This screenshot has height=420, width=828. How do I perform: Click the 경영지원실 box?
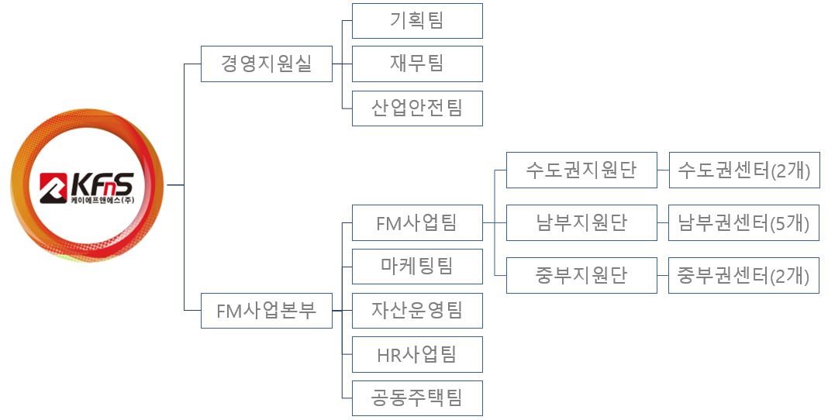click(266, 64)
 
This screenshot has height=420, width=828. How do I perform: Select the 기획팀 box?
click(417, 21)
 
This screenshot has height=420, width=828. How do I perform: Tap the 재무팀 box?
click(417, 64)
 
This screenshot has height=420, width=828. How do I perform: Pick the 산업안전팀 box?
click(417, 108)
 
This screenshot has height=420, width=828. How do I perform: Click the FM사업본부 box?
click(266, 311)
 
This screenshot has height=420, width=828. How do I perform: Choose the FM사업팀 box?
click(417, 223)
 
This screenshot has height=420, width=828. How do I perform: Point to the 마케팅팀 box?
click(417, 267)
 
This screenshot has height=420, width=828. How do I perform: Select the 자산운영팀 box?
click(417, 311)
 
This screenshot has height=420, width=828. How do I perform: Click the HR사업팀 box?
click(417, 354)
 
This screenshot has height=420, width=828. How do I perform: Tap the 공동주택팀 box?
click(417, 398)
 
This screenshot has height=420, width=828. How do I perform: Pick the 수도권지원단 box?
click(581, 170)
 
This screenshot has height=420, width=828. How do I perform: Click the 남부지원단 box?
click(581, 223)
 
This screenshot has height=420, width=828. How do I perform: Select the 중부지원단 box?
click(581, 275)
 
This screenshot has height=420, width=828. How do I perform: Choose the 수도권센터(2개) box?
click(744, 170)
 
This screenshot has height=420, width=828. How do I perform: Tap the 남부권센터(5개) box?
click(744, 223)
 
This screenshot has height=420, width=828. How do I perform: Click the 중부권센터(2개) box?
click(744, 275)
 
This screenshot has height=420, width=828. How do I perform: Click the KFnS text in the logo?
click(102, 184)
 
